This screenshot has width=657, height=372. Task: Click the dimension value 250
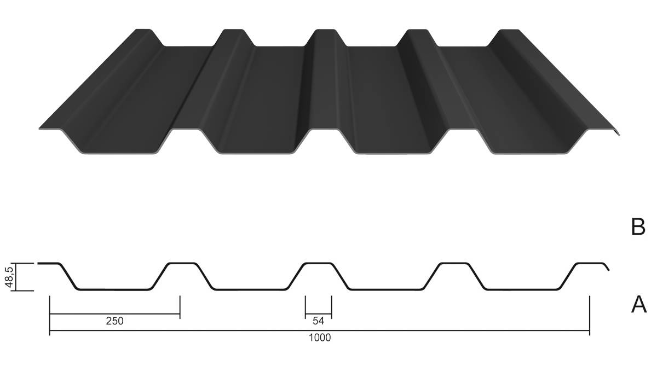(114, 322)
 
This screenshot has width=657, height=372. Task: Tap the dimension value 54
(319, 322)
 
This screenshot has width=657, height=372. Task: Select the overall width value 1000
(319, 338)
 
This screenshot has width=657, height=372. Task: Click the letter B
(638, 226)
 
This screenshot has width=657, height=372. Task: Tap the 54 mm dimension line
(319, 315)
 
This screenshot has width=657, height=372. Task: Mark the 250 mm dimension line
(114, 315)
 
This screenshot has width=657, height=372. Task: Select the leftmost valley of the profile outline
(114, 289)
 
